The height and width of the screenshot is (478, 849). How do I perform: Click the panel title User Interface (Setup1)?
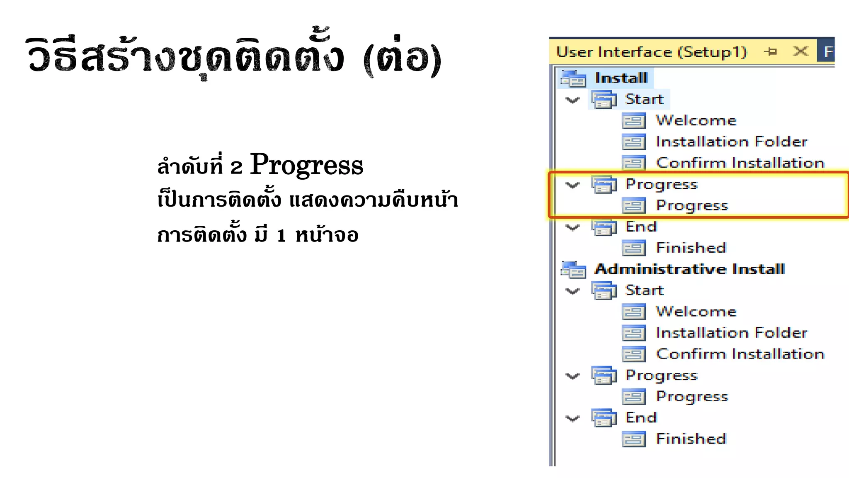pos(651,52)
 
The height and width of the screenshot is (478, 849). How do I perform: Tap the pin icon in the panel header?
pos(771,51)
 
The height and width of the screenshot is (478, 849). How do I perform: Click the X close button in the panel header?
pos(800,51)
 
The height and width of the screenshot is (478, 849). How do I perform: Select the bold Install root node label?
pos(621,78)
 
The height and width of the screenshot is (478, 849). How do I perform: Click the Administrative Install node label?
pos(689,269)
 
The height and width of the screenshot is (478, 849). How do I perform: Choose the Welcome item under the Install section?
pos(696,120)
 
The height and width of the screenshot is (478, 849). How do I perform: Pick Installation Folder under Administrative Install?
pos(732,333)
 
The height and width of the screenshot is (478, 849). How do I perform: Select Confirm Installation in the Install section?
pos(740,163)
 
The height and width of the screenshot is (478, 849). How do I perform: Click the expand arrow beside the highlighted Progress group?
pos(572,185)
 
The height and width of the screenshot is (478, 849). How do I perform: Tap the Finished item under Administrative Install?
pos(691,439)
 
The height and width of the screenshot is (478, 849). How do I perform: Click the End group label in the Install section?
pos(641,227)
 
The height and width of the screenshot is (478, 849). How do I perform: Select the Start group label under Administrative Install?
pos(644,290)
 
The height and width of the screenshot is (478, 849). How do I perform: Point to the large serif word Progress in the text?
pos(306,165)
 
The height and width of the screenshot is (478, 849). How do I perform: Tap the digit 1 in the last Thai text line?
pos(281,236)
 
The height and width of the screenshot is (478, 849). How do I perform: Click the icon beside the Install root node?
pos(573,78)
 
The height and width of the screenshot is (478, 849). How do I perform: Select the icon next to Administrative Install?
pos(573,269)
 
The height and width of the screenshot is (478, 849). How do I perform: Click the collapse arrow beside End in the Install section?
pos(572,227)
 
